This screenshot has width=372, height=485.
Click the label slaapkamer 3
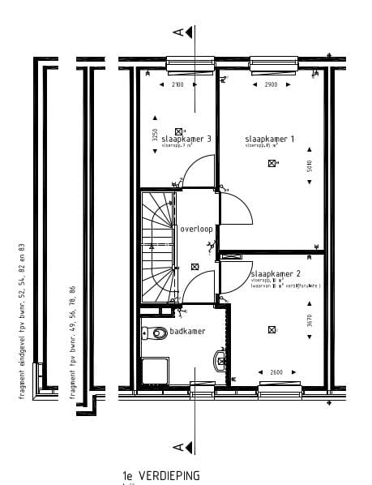(186, 139)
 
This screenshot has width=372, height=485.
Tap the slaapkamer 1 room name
(270, 139)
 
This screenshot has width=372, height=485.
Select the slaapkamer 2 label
(275, 273)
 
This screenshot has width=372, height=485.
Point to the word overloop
(196, 229)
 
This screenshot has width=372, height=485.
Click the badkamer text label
(188, 332)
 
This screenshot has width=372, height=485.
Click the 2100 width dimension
(178, 84)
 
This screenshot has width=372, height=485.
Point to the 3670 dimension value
(309, 321)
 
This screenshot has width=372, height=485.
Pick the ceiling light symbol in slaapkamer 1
(272, 163)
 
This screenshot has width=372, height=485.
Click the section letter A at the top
(177, 32)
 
